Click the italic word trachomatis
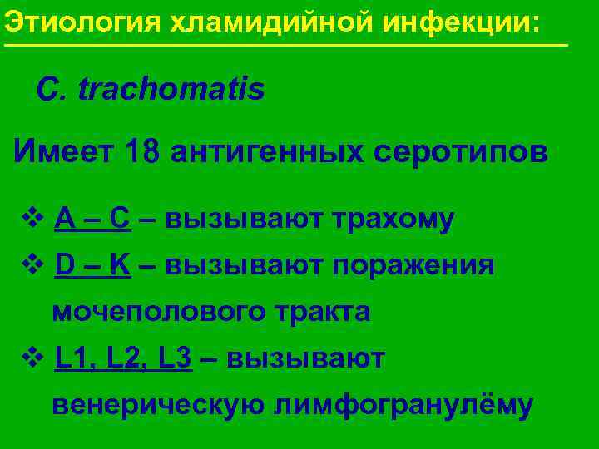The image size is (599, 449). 171,89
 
